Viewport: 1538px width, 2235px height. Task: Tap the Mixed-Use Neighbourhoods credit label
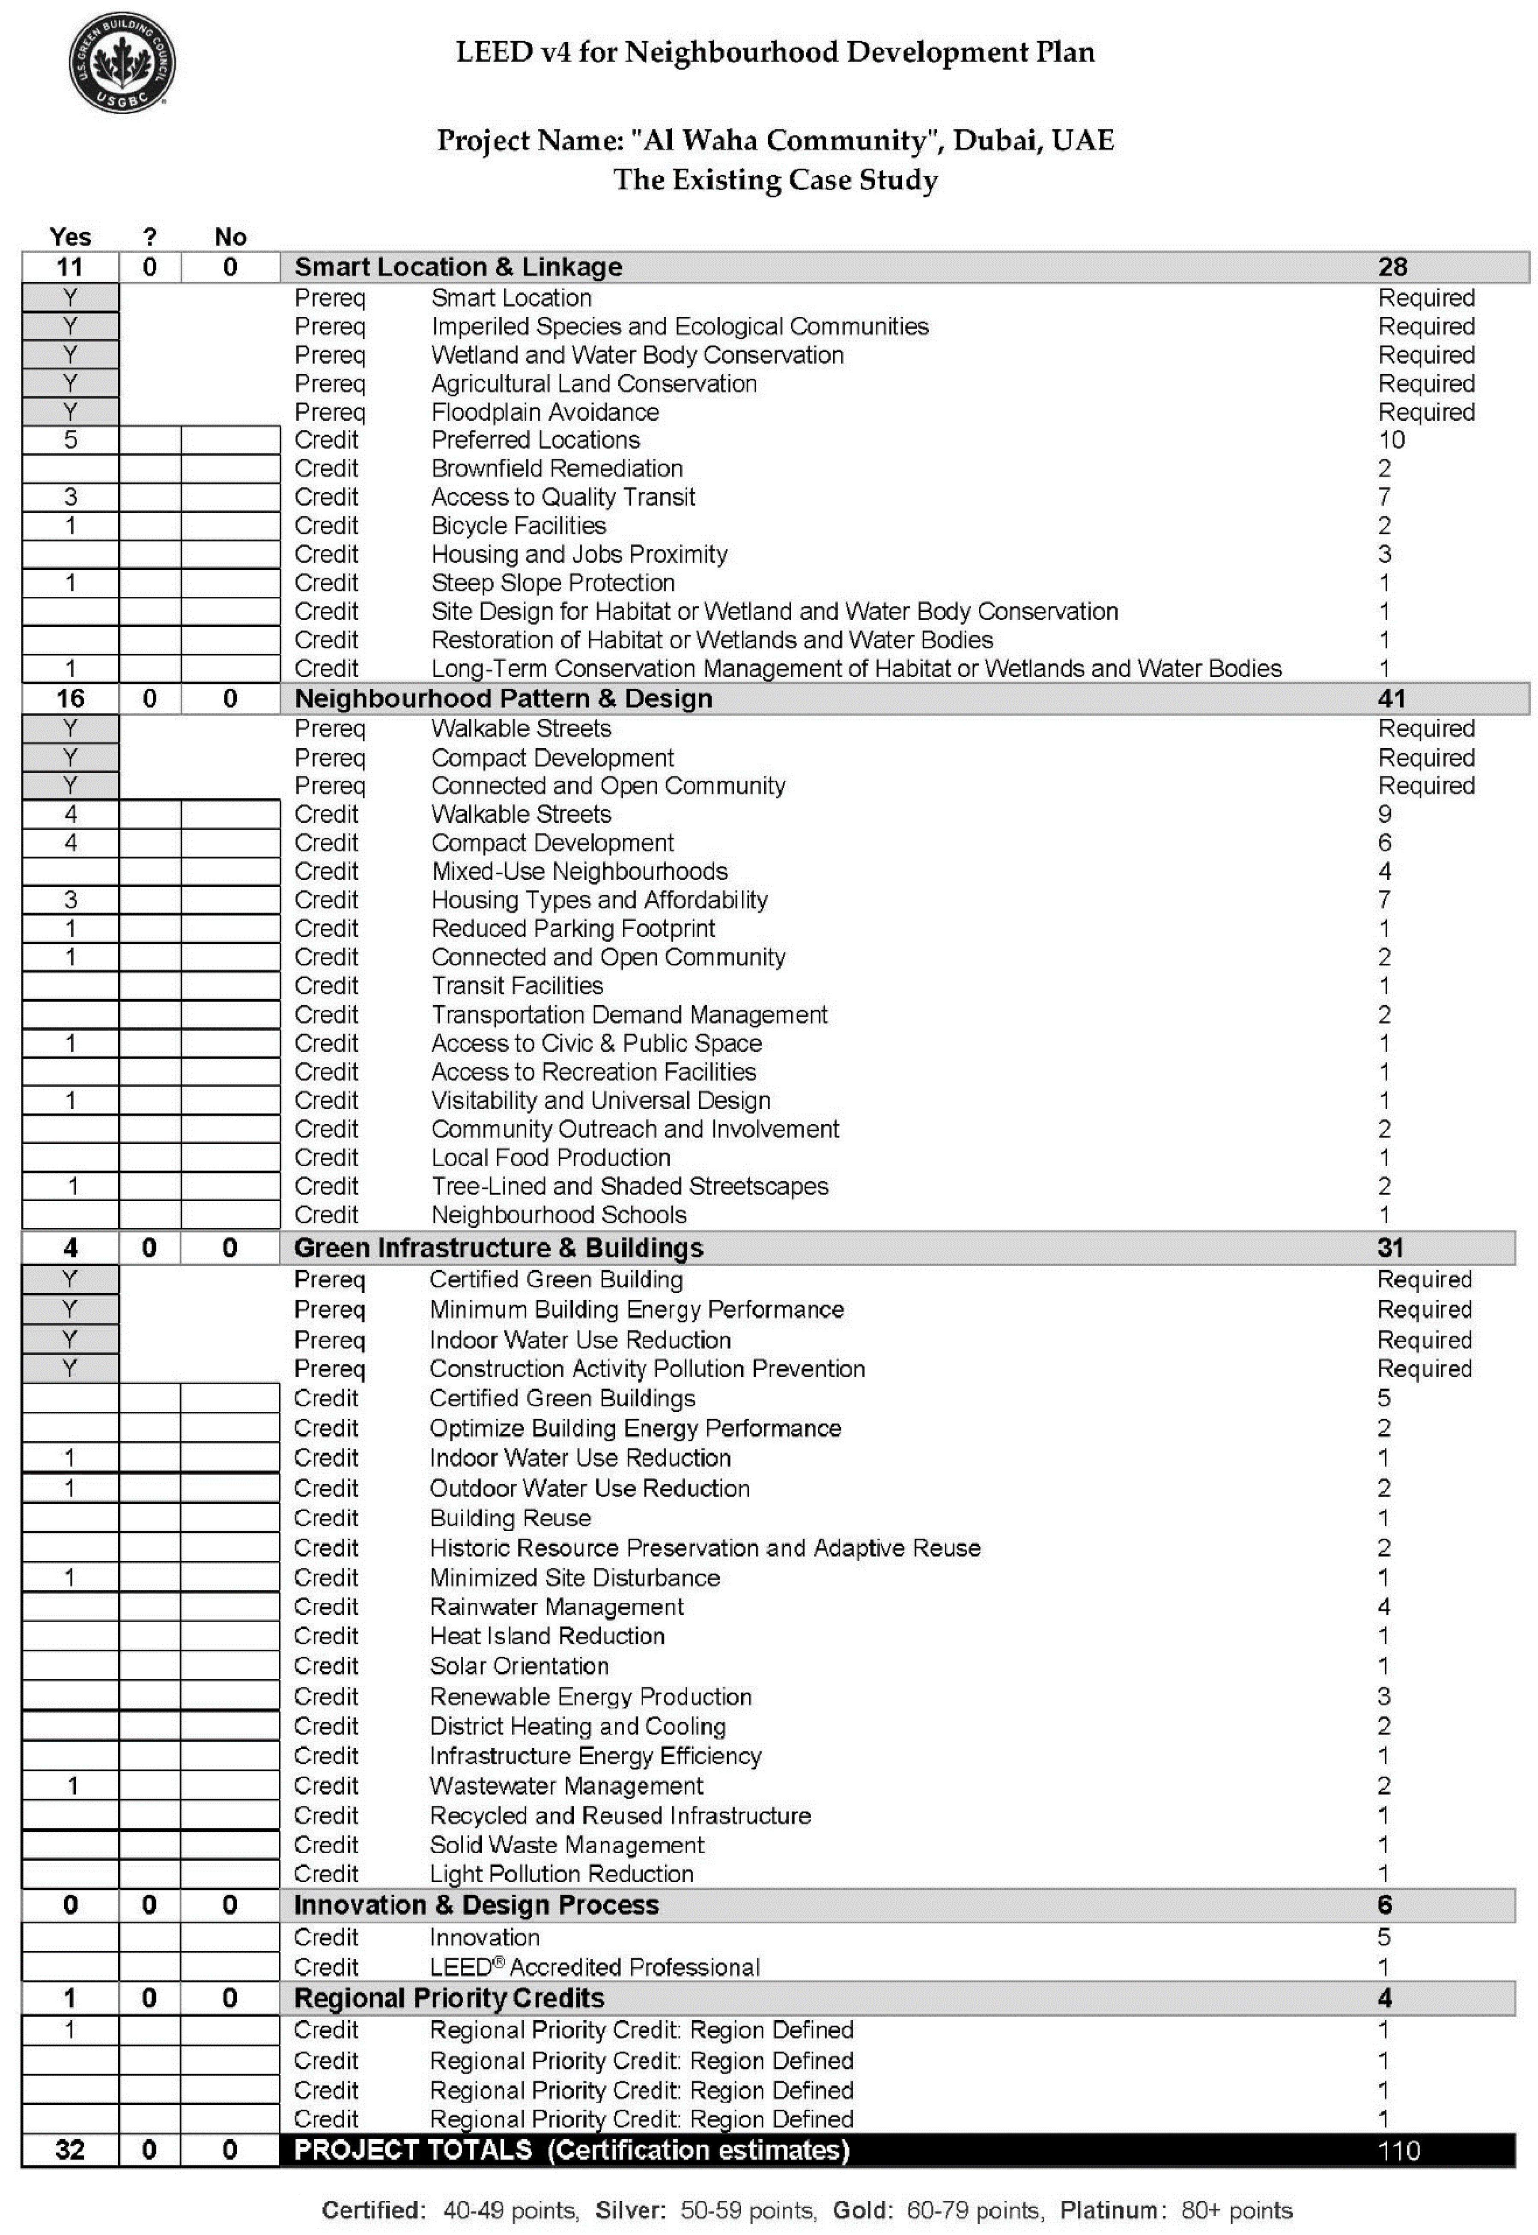(x=579, y=872)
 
